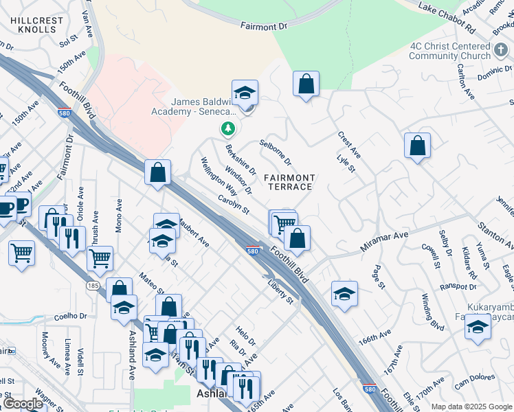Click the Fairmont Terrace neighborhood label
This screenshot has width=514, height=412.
coord(289,182)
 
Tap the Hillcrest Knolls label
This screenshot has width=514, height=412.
coord(37,25)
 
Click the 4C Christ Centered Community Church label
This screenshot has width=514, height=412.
coord(449,51)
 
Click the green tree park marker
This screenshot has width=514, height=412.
coord(228,128)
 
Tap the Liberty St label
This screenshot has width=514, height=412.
coord(280,290)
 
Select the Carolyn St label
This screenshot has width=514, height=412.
coord(234,205)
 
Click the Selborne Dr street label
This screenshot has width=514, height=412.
coord(276,153)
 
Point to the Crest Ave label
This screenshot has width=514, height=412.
coord(349,144)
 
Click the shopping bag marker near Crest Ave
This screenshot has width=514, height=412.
coord(417,147)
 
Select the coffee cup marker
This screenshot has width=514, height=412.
coord(7,208)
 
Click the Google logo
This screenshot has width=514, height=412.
coord(23,404)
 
